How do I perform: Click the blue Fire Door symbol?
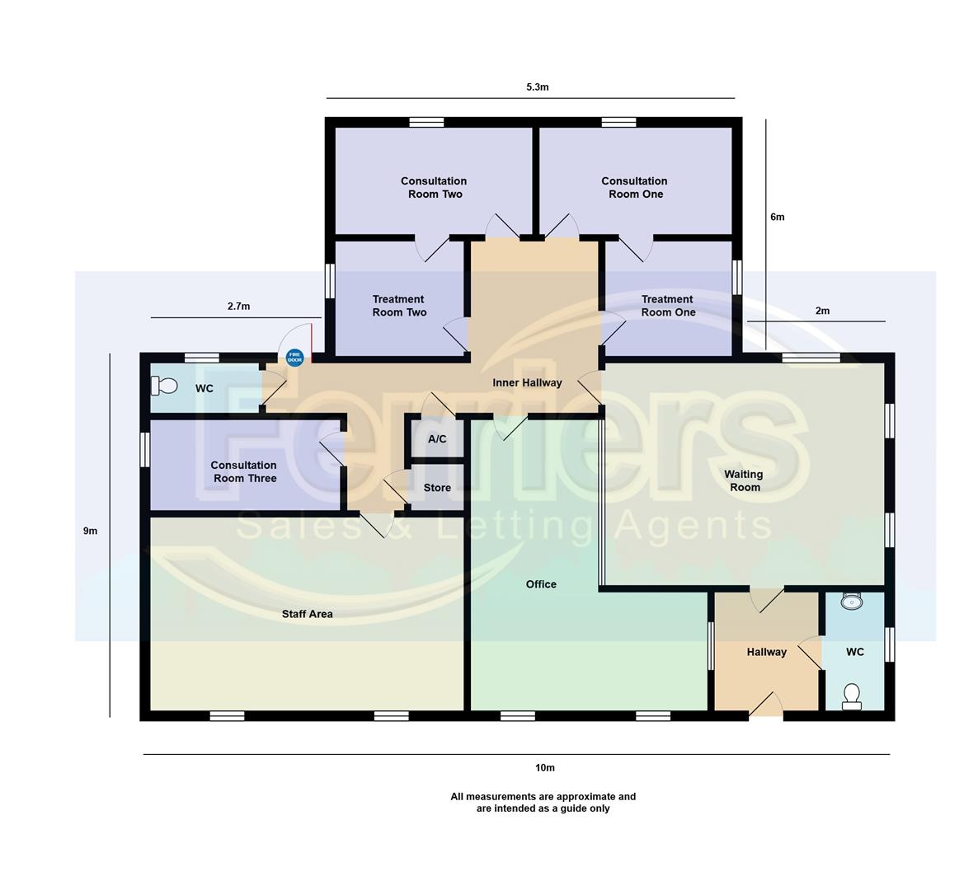pyautogui.click(x=294, y=358)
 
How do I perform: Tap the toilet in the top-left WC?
pyautogui.click(x=165, y=386)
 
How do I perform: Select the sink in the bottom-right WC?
pyautogui.click(x=850, y=602)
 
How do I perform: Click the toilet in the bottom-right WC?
pyautogui.click(x=852, y=696)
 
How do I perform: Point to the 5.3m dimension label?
pyautogui.click(x=537, y=87)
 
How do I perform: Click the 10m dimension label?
pyautogui.click(x=544, y=768)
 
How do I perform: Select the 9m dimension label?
pyautogui.click(x=90, y=531)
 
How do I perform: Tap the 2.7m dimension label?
pyautogui.click(x=238, y=307)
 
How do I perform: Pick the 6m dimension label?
pyautogui.click(x=777, y=217)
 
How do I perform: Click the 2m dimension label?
pyautogui.click(x=821, y=311)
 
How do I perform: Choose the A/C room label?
pyautogui.click(x=437, y=439)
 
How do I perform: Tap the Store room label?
pyautogui.click(x=437, y=488)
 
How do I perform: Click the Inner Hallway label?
pyautogui.click(x=527, y=382)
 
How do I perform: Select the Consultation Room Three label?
pyautogui.click(x=244, y=471)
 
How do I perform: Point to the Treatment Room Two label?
pyautogui.click(x=399, y=306)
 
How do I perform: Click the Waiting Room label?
pyautogui.click(x=744, y=480)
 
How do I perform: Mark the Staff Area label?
pyautogui.click(x=307, y=614)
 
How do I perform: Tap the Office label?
pyautogui.click(x=541, y=584)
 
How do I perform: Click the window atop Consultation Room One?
pyautogui.click(x=618, y=122)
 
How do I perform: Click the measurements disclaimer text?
pyautogui.click(x=543, y=803)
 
